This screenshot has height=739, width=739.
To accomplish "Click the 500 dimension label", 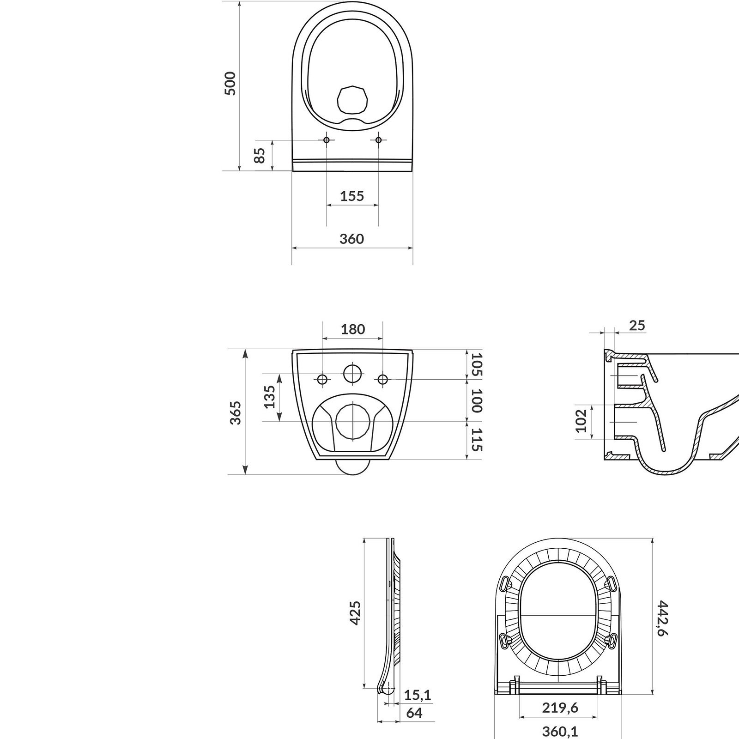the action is [x=230, y=84].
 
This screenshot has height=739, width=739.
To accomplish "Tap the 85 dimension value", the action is [x=260, y=155].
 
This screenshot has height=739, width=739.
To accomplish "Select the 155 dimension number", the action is [x=352, y=196].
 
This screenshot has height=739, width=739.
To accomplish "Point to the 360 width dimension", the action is [x=352, y=239].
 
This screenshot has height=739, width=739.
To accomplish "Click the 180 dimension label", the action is [x=353, y=329].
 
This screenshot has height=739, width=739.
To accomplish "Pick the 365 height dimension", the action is [x=235, y=412].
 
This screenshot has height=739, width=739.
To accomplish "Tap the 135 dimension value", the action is [x=270, y=397].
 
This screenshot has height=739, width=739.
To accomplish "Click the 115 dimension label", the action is [x=477, y=440].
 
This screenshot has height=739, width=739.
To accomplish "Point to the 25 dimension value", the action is [x=637, y=326].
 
